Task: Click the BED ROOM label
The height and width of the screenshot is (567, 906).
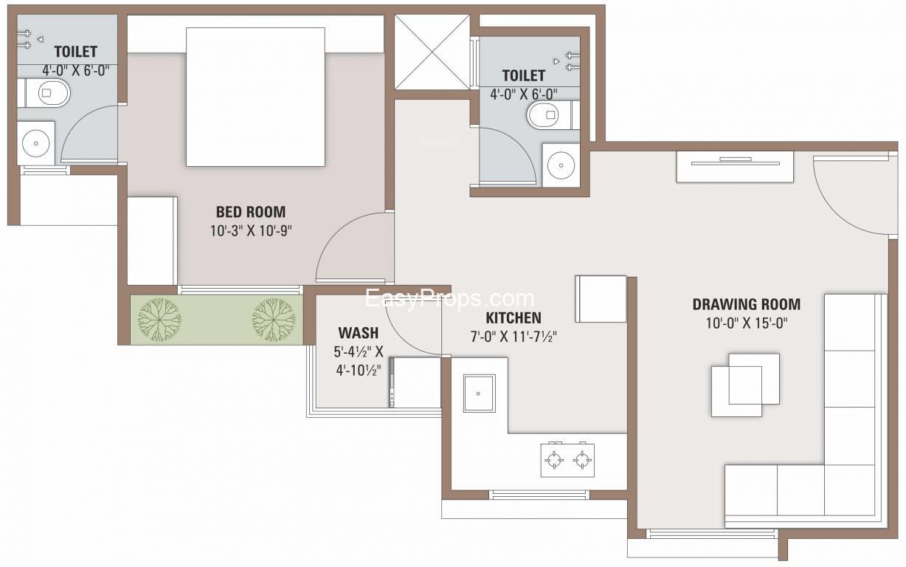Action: [251, 212]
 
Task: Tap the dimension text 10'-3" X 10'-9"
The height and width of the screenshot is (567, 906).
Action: [251, 230]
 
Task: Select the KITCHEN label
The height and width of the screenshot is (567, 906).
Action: [513, 318]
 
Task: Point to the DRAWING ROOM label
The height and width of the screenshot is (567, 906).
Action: [747, 304]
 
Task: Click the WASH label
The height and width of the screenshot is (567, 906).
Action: [359, 333]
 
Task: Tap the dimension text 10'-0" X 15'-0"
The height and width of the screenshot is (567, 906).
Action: [747, 323]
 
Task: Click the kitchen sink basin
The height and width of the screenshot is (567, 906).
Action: [480, 393]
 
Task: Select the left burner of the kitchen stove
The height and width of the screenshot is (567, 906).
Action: [554, 460]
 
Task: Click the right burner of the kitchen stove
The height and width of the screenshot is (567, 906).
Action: [582, 460]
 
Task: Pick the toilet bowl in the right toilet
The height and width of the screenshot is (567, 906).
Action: [549, 115]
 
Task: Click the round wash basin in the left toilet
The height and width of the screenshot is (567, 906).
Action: [36, 143]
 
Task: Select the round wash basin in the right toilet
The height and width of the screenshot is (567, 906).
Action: [561, 165]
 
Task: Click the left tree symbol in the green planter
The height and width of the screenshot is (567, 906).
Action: [160, 320]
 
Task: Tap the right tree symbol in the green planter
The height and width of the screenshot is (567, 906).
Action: [274, 320]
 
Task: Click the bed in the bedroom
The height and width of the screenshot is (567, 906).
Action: [255, 97]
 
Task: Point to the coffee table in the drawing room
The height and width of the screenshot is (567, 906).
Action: [745, 385]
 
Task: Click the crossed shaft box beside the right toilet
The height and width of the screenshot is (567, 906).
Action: [432, 52]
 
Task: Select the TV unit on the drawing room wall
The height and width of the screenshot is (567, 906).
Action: [736, 167]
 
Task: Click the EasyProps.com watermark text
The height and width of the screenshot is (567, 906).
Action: [450, 299]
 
